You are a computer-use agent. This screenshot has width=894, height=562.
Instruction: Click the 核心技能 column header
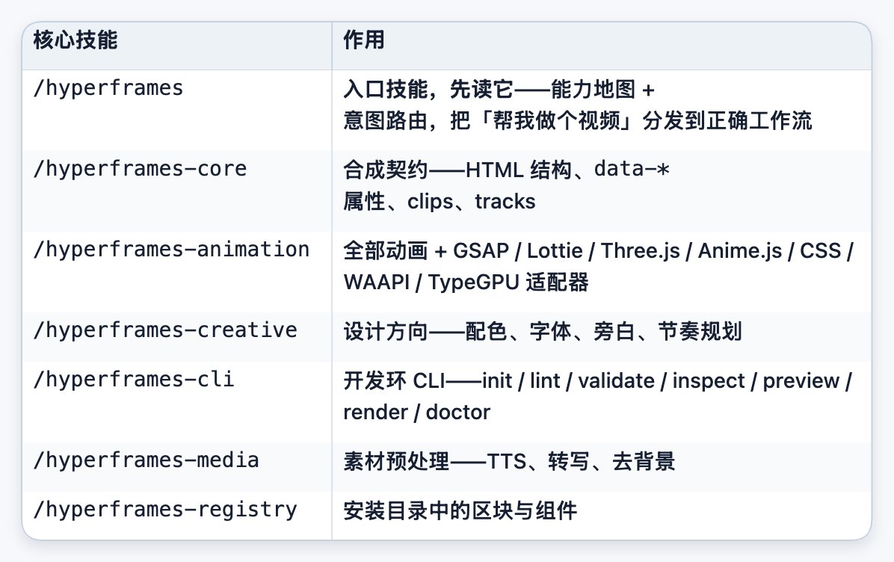[x=75, y=40]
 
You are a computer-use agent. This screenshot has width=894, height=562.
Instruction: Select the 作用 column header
[x=364, y=40]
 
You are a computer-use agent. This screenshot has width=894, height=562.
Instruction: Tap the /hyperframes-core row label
[x=141, y=170]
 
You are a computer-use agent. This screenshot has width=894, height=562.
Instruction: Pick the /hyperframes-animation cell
[x=172, y=250]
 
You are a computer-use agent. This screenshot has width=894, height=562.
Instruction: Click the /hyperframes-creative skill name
[x=165, y=330]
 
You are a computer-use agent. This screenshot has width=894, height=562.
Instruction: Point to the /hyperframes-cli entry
[x=134, y=380]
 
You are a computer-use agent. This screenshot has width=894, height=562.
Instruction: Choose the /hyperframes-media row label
[x=146, y=460]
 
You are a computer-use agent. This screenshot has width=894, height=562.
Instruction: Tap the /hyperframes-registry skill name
[x=165, y=510]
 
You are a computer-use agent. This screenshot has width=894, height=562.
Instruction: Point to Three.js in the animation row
[x=641, y=251]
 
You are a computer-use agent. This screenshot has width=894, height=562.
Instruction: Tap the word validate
[x=616, y=380]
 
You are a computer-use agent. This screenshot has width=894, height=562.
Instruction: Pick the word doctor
[x=457, y=413]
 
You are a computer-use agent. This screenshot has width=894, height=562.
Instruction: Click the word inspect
[x=708, y=381]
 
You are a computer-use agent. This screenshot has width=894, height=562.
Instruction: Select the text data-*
[x=631, y=170]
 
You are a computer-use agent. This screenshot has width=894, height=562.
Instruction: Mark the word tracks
[x=505, y=202]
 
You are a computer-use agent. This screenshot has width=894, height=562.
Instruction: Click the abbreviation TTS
[x=506, y=462]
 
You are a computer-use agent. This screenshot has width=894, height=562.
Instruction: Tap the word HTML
[x=494, y=170]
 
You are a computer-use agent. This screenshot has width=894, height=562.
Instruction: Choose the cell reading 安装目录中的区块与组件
[x=460, y=510]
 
